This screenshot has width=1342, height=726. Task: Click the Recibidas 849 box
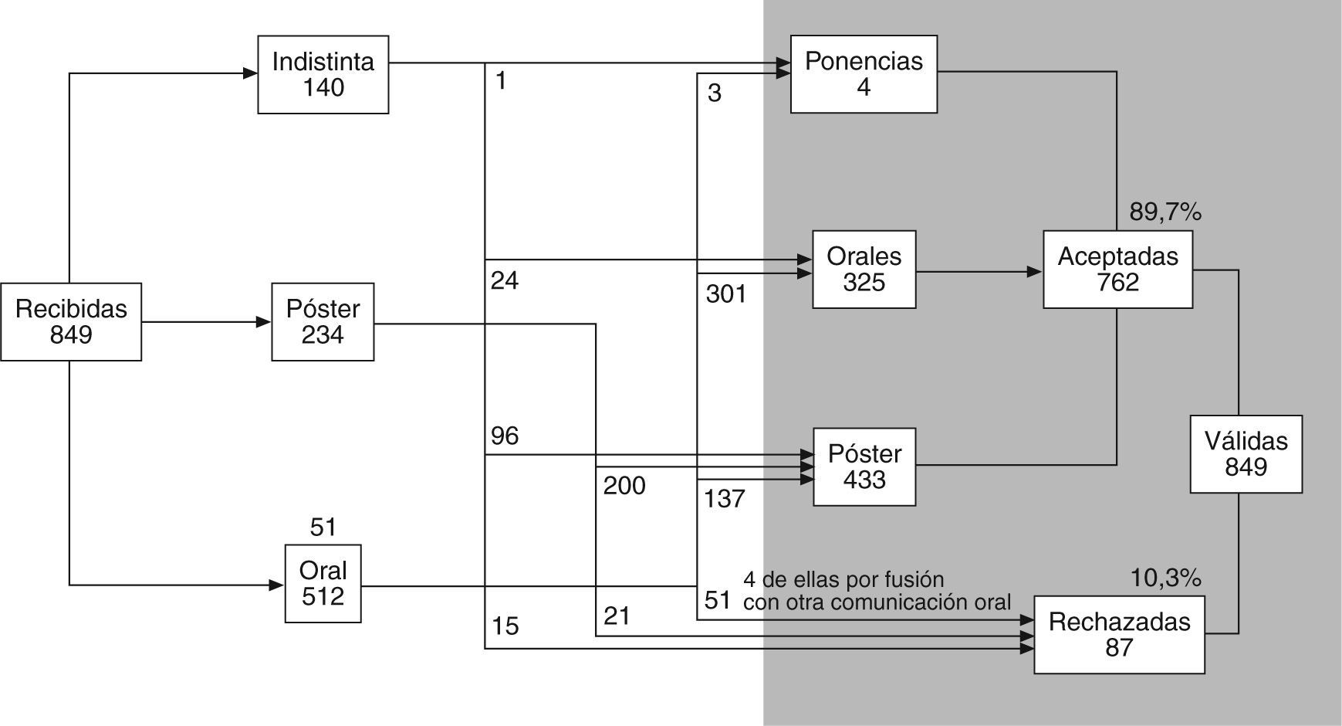point(71,321)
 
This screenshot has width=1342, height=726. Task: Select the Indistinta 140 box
point(323,74)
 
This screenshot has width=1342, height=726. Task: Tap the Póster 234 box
point(323,321)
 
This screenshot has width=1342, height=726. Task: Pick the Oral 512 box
point(323,583)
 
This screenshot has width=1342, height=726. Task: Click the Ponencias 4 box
point(864,74)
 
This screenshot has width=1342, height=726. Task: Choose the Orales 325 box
point(864,270)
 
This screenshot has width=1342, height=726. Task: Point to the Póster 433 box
point(864,466)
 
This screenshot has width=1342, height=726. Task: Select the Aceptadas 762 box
point(1117,270)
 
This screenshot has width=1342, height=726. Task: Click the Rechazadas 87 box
point(1119,634)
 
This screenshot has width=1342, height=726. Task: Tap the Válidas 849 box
point(1246,454)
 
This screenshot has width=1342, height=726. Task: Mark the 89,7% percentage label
point(1165,212)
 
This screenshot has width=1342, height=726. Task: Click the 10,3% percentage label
point(1165,577)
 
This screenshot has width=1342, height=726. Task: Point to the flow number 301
point(726,294)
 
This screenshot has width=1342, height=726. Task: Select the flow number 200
point(624,486)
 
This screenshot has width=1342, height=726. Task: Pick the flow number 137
point(725,499)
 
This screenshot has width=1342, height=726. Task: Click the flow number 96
point(505,436)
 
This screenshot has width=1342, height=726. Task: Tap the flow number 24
point(505,280)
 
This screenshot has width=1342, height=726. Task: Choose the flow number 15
point(505,626)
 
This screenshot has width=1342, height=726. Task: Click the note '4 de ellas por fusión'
point(843,579)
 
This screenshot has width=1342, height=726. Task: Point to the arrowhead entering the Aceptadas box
point(1035,272)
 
